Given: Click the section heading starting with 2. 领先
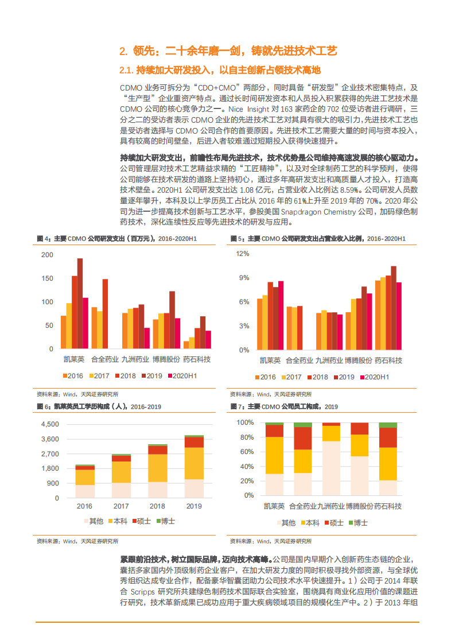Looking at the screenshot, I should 228,51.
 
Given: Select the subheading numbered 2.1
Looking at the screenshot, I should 219,71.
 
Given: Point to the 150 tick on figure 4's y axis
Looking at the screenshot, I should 48,278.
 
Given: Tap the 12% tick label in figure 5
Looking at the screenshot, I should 243,253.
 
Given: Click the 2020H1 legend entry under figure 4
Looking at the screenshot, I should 182,376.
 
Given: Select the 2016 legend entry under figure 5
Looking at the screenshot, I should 265,377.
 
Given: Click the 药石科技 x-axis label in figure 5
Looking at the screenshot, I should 388,360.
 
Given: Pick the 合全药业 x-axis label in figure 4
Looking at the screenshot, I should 105,360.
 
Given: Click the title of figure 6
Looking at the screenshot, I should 99,406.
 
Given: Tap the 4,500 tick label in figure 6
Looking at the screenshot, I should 50,424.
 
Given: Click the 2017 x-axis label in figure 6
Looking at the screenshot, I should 121,506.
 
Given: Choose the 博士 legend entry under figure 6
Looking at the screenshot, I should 165,521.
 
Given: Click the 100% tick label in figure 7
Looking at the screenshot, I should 245,422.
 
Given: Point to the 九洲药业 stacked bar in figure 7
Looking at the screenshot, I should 331,459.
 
